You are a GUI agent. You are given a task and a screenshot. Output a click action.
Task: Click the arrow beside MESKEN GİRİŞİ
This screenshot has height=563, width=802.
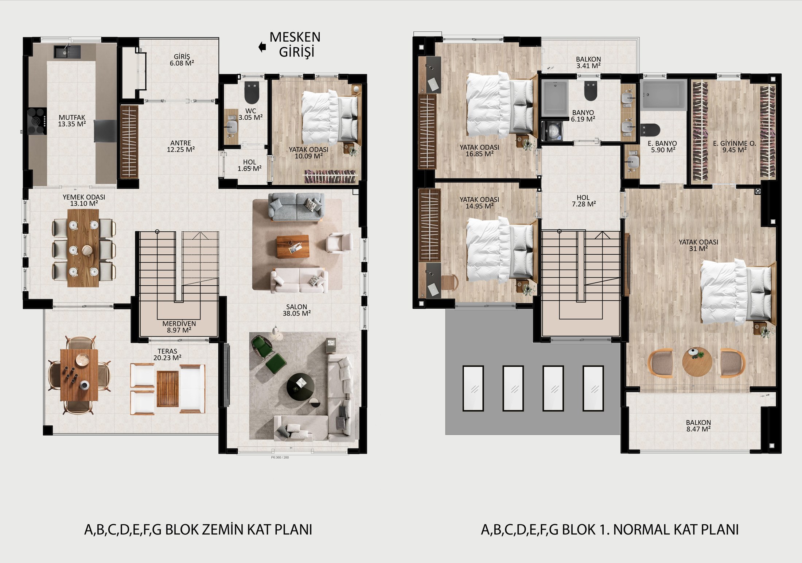click(262, 47)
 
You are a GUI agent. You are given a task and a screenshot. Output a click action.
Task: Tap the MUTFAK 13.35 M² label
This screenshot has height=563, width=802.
click(72, 121)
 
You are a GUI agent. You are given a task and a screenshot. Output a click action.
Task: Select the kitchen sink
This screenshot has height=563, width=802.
click(67, 52)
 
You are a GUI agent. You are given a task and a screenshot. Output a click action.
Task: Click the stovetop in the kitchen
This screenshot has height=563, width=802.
click(37, 121)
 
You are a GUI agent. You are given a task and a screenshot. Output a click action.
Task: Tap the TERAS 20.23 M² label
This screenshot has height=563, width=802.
click(167, 355)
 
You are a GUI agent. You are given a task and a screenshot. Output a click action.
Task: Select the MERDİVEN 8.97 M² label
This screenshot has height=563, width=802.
click(179, 327)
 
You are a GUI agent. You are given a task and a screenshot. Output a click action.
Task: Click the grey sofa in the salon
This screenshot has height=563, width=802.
click(296, 207)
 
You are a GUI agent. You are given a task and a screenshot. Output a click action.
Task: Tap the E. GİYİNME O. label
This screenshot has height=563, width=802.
click(735, 144)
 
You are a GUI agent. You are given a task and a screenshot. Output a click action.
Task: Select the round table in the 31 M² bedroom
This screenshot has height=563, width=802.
click(697, 362)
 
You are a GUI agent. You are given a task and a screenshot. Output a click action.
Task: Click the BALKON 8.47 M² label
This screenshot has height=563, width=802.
click(698, 426)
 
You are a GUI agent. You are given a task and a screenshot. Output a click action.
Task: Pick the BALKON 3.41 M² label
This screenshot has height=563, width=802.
click(588, 62)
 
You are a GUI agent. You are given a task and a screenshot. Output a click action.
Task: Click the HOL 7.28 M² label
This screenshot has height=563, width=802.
click(584, 201)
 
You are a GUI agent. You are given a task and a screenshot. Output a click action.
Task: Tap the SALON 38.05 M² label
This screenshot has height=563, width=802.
click(296, 310)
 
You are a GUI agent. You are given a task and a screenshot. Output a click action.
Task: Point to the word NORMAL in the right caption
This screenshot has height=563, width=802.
click(642, 529)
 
